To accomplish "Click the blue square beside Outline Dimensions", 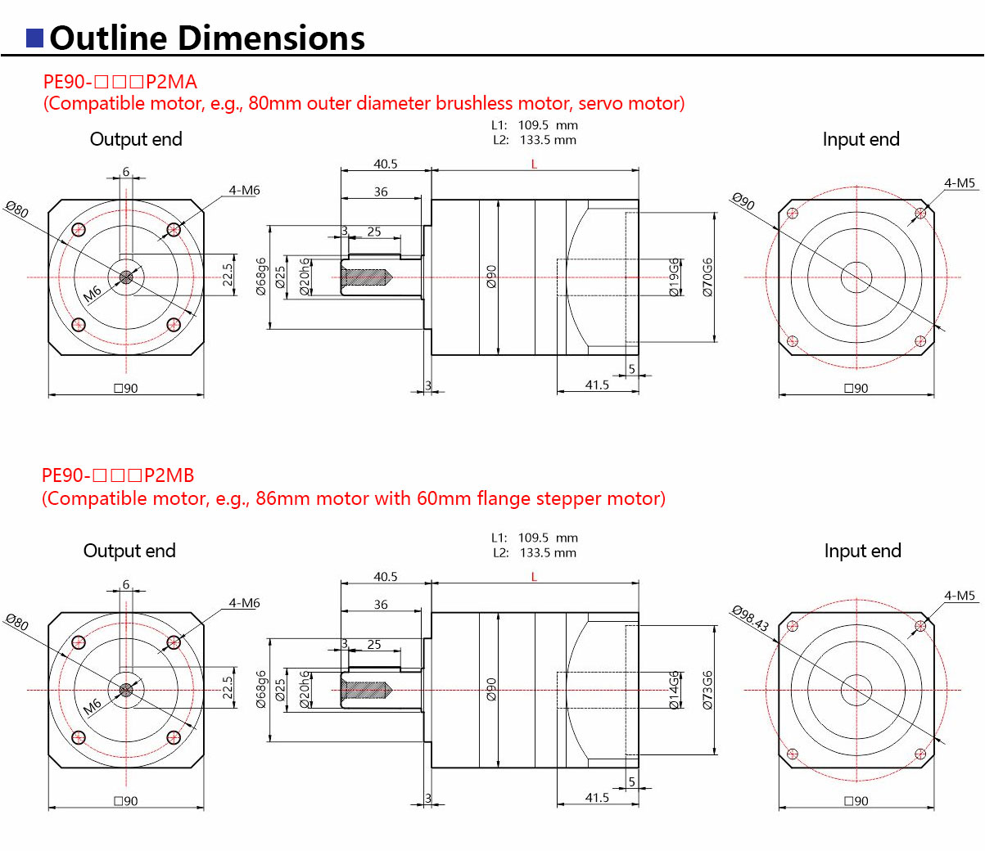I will tap(34, 38).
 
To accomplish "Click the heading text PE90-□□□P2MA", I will tap(120, 82).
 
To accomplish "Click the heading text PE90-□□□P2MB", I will tap(118, 475).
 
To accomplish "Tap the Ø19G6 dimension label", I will tap(674, 277).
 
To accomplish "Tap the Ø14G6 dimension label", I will tap(674, 690).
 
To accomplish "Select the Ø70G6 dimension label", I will tap(707, 277).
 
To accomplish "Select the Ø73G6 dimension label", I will tap(707, 690).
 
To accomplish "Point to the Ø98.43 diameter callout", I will tap(750, 619).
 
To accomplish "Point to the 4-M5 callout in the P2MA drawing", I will tap(960, 183).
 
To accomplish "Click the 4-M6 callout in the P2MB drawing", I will tap(244, 603).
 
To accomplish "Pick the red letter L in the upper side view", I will tap(534, 164).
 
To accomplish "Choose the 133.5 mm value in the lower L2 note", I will tap(548, 553).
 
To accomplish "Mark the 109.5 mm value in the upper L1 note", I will tap(548, 126).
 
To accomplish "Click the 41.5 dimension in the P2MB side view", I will tap(597, 798).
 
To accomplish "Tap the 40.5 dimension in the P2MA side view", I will tap(385, 164).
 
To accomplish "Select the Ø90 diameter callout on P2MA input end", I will tap(743, 201).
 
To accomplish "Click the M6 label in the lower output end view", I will tap(92, 705).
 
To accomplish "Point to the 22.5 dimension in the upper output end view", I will tap(228, 275).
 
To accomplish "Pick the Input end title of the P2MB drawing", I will tap(862, 552).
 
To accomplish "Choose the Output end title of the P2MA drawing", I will tap(136, 140).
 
